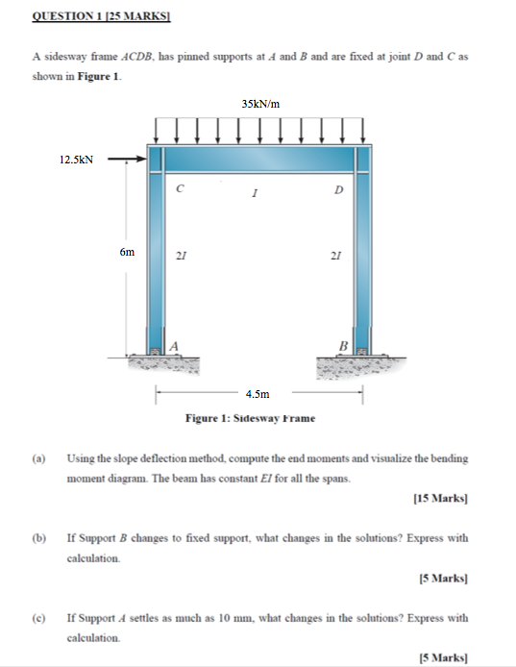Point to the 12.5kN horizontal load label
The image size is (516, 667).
click(77, 161)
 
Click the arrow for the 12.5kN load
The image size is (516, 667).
click(126, 161)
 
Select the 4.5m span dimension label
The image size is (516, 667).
click(258, 393)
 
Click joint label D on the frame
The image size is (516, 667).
click(337, 189)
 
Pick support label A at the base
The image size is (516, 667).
click(175, 345)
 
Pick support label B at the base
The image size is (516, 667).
click(341, 345)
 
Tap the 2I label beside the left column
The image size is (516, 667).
click(181, 256)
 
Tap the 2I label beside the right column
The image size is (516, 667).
click(334, 256)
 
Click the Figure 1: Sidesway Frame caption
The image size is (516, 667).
click(250, 418)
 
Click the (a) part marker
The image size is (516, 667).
click(38, 458)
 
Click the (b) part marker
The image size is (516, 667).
click(38, 537)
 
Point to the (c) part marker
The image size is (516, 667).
click(38, 617)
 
